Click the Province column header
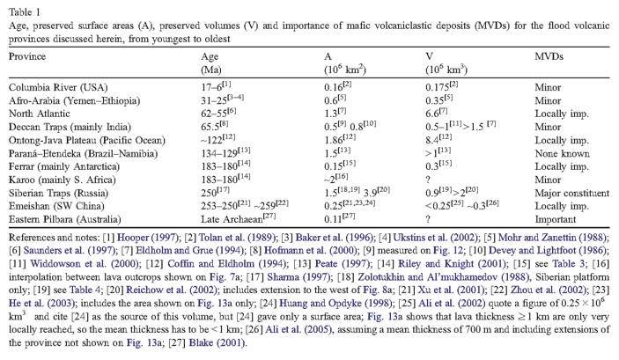coord(27,56)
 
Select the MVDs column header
coord(549,56)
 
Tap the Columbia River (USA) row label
coord(58,87)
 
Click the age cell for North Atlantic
coord(218,114)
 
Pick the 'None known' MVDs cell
coord(562,153)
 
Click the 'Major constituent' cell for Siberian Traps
coord(572,193)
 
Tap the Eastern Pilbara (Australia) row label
coord(65,219)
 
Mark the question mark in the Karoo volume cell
coord(428,180)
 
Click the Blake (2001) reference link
coord(217,342)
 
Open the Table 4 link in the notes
coord(85,290)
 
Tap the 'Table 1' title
coord(25,12)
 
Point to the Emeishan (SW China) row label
coord(56,206)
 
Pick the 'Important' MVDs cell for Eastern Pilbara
coord(556,219)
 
